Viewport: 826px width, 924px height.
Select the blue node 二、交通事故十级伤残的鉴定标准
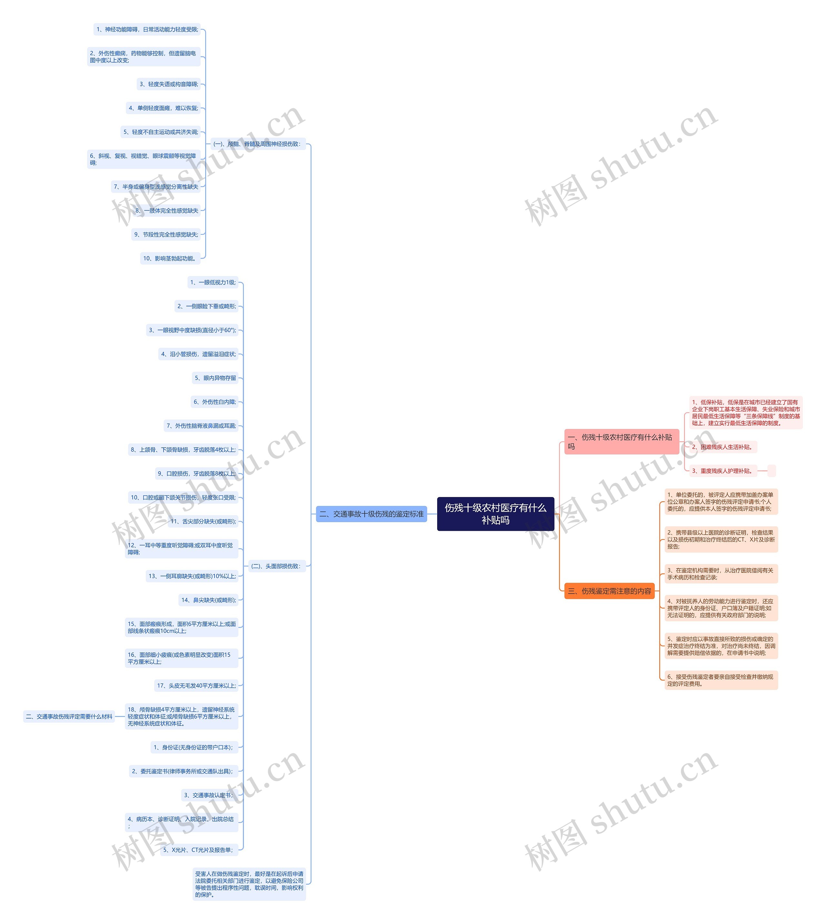(371, 514)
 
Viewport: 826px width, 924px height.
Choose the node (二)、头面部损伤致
(276, 566)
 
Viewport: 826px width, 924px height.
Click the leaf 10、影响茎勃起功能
(170, 259)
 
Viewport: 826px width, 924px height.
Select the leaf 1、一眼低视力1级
(213, 282)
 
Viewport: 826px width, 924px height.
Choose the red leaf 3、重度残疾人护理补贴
(722, 471)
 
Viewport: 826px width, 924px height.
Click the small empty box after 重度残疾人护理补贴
(771, 471)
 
